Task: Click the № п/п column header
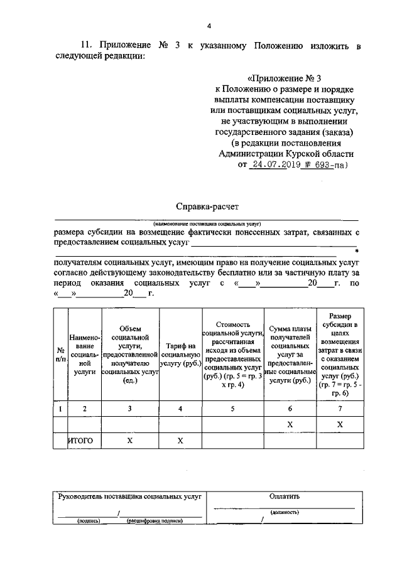pos(61,355)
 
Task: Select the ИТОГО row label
pos(81,441)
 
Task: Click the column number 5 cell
pos(232,409)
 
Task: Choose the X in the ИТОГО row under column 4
pos(180,441)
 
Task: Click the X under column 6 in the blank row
pos(290,425)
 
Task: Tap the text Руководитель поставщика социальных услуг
pos(129,496)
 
